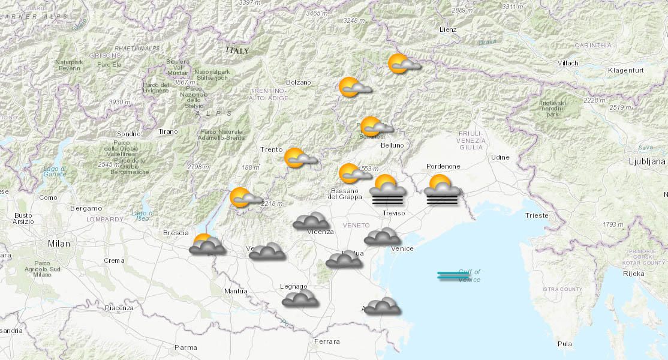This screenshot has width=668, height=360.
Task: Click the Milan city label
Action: tap(59, 244)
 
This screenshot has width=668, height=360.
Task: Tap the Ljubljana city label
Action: tap(646, 161)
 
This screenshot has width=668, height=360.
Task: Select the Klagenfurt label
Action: tap(625, 70)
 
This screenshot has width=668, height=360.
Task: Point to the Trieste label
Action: tap(536, 215)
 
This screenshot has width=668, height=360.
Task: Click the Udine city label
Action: tap(500, 157)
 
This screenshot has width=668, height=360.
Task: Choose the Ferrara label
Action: tap(327, 341)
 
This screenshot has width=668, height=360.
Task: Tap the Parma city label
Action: tap(185, 347)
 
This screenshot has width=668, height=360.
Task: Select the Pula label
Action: tap(564, 344)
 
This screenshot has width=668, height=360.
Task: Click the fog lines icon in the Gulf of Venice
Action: tap(453, 276)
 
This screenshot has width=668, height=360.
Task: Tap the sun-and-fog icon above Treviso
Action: tap(387, 191)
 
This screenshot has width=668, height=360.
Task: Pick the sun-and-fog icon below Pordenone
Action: tap(442, 190)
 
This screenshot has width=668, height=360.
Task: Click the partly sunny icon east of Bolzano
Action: tap(354, 88)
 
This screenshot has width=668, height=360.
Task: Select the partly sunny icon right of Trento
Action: tap(300, 158)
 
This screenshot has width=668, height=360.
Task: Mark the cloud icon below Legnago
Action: tap(300, 298)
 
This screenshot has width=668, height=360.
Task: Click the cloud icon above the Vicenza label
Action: tap(311, 221)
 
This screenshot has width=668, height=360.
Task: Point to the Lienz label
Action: tap(447, 29)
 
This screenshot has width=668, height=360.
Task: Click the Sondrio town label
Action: tap(129, 134)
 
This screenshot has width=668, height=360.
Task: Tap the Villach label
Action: tap(567, 63)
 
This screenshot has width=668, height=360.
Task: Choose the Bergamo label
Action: tap(86, 208)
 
